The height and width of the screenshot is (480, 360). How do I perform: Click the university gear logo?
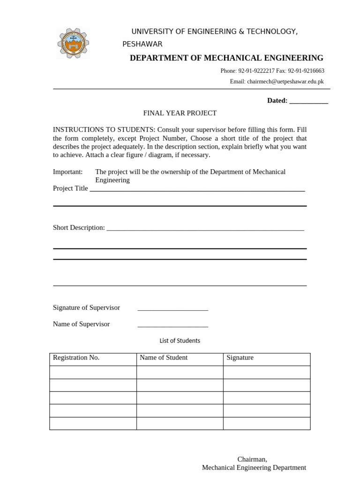click(73, 43)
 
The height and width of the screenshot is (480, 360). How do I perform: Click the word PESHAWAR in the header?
click(142, 44)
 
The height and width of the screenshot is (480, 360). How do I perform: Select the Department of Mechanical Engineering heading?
click(226, 58)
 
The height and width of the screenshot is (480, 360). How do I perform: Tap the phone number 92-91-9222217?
click(256, 71)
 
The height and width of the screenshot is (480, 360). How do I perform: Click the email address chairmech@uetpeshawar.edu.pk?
click(285, 82)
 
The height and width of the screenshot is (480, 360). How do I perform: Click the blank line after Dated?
click(308, 101)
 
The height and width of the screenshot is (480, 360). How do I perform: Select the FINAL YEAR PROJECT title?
click(180, 113)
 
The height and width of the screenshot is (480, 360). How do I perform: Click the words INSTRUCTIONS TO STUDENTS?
click(104, 130)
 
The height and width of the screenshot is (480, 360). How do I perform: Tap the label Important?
click(67, 172)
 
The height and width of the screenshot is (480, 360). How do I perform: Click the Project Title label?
click(70, 188)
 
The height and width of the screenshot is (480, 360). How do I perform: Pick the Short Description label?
click(79, 228)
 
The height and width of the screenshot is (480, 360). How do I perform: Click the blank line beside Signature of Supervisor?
click(172, 308)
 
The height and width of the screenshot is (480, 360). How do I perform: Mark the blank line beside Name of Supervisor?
click(172, 325)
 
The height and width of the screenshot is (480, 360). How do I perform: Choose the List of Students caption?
click(180, 341)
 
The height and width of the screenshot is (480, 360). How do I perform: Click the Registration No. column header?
click(76, 358)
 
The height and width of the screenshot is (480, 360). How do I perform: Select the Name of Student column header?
click(163, 358)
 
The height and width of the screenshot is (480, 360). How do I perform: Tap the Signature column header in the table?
click(240, 358)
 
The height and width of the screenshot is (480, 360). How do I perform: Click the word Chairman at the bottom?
click(252, 459)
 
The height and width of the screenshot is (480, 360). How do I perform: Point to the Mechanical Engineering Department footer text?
click(254, 468)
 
